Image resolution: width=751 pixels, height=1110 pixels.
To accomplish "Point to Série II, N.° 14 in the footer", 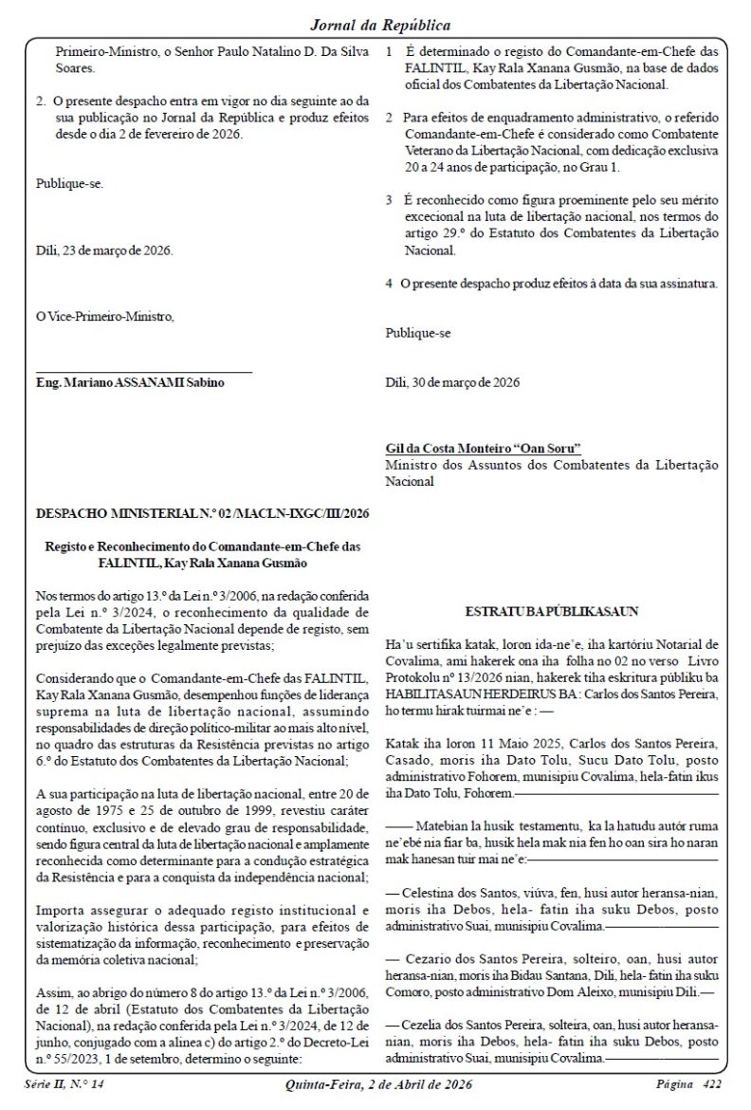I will [x=64, y=1083].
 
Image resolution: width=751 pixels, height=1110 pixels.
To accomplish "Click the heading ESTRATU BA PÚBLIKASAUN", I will [x=552, y=612].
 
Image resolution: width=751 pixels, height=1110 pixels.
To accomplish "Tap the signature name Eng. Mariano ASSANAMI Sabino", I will [x=131, y=380].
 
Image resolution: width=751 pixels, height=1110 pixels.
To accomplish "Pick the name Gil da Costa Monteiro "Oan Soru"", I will [x=484, y=448].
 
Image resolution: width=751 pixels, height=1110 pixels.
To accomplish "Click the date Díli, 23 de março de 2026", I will [x=104, y=250].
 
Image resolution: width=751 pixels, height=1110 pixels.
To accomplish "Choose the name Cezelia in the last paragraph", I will [x=425, y=1026].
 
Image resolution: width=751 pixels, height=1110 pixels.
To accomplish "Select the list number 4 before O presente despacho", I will [x=390, y=283].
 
